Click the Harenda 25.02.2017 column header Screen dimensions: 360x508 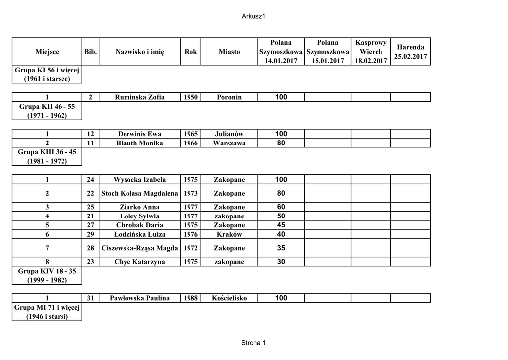click(410, 52)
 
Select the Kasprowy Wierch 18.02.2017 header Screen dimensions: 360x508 click(371, 52)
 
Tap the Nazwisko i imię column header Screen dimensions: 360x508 click(139, 52)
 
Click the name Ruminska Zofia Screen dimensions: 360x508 click(139, 97)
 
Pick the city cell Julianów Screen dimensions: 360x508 click(229, 134)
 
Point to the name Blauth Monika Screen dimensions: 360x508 click(139, 143)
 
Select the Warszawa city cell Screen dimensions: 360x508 click(229, 143)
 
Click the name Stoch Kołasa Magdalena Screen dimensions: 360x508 click(139, 193)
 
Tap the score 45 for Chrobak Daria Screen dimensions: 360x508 click(281, 225)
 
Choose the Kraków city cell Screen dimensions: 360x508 click(229, 234)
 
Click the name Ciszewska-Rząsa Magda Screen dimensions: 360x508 click(139, 248)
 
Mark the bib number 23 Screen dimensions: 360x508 click(90, 262)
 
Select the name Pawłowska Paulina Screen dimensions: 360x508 click(139, 298)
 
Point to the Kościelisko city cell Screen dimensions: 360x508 click(229, 298)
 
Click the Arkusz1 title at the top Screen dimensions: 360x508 click(254, 16)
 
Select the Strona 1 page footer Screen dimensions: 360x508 click(254, 343)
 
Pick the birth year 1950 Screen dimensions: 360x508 click(190, 97)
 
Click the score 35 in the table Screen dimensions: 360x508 click(281, 248)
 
